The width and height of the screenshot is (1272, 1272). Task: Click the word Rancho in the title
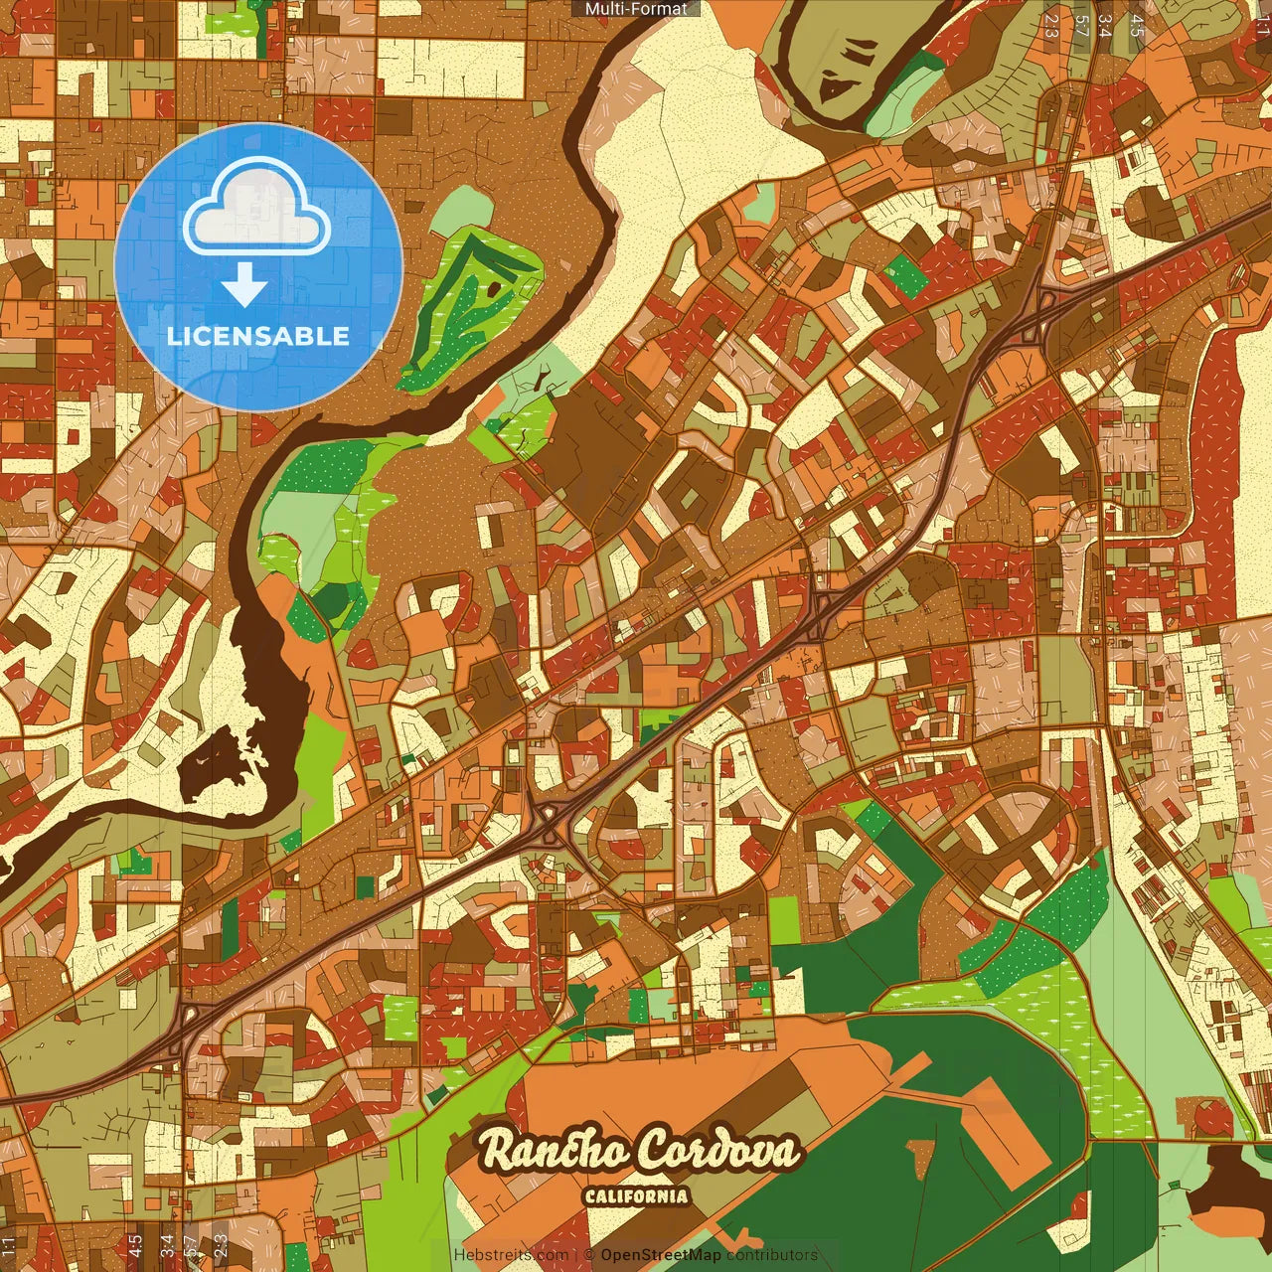554,1150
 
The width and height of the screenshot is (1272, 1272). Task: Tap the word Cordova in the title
717,1150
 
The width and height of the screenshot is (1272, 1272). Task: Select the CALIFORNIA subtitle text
636,1195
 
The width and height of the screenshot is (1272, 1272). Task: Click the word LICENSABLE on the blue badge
258,336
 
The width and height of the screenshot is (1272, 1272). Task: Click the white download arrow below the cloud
244,285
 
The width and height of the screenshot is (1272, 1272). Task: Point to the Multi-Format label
636,9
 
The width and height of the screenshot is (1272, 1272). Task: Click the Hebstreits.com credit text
511,1255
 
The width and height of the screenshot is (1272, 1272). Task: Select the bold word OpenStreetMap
660,1255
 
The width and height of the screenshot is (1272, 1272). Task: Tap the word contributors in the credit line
772,1255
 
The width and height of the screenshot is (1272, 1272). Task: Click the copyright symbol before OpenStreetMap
589,1255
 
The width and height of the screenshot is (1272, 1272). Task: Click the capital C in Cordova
653,1151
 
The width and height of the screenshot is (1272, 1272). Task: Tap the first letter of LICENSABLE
173,336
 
